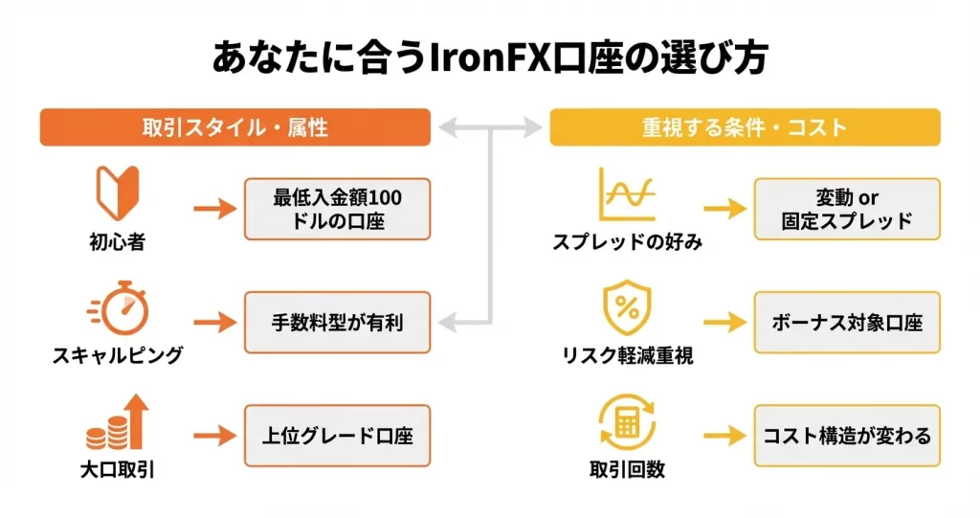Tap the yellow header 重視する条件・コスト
(745, 127)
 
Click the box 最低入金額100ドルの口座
(338, 209)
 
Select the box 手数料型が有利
(338, 322)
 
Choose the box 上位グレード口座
(338, 436)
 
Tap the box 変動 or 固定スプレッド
(847, 209)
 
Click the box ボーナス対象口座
(847, 322)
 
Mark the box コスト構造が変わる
(847, 436)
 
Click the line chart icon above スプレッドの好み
(627, 194)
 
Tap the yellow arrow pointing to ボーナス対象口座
(724, 322)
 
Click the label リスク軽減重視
(627, 356)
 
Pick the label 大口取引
(118, 470)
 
